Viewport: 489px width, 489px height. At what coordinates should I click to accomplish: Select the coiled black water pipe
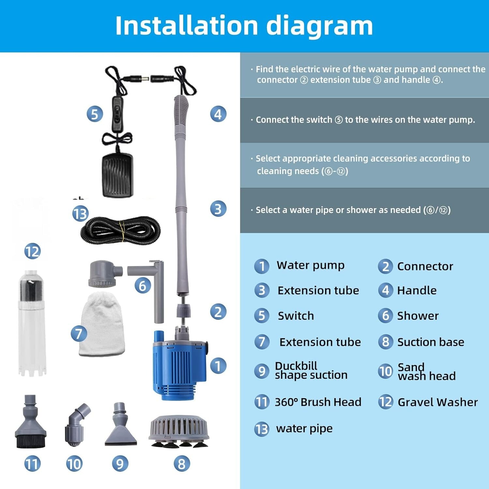coord(121,230)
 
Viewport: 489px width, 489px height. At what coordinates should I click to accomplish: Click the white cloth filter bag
coord(102,324)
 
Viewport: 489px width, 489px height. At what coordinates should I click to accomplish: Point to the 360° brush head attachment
coord(31,424)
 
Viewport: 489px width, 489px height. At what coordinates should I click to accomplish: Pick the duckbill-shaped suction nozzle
coord(120,427)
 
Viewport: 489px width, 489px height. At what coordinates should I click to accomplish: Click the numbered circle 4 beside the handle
coord(218,114)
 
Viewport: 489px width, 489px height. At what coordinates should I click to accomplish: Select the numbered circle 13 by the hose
coord(80,214)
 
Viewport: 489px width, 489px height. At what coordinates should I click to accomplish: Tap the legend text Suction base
coord(430,342)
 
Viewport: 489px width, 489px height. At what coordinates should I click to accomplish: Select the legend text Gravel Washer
coord(437,402)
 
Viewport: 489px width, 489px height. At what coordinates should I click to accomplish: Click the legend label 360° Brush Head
coord(318,402)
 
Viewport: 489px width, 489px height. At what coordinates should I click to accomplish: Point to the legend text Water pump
coord(310,265)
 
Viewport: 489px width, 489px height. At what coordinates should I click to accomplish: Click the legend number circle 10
coord(385,371)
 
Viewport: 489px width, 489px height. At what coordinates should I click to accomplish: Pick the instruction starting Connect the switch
coord(365,120)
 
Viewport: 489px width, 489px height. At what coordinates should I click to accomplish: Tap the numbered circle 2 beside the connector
coord(218,312)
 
